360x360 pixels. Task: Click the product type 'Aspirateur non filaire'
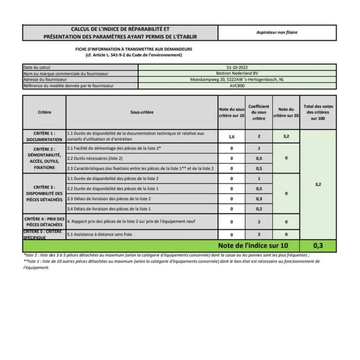click(x=277, y=32)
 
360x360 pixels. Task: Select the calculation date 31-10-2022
click(x=237, y=67)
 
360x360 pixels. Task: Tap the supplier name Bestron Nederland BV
click(x=237, y=74)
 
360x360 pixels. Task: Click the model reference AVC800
click(x=237, y=86)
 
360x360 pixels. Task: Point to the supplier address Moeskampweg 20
click(x=237, y=79)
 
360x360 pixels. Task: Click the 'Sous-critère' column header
click(x=142, y=112)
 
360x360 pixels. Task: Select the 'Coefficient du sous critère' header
click(x=259, y=112)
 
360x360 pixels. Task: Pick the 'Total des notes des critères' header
click(x=318, y=112)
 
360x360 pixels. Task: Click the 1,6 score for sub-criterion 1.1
click(x=232, y=137)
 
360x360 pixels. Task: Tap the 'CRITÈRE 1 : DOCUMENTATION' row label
click(x=44, y=137)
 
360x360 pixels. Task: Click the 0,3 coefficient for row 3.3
click(x=259, y=199)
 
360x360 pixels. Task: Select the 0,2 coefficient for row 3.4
click(x=259, y=209)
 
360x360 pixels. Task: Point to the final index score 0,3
click(x=318, y=246)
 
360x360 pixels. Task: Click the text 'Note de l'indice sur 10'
click(x=253, y=246)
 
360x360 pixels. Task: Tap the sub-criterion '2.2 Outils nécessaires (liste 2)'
click(x=95, y=158)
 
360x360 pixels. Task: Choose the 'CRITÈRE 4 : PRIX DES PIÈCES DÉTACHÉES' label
click(x=44, y=222)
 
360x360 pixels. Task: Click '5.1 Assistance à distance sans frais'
click(x=100, y=234)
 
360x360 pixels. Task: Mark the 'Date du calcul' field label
click(x=37, y=67)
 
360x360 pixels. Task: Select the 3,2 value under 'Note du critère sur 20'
click(x=286, y=136)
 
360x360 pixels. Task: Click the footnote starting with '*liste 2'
click(x=166, y=255)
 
